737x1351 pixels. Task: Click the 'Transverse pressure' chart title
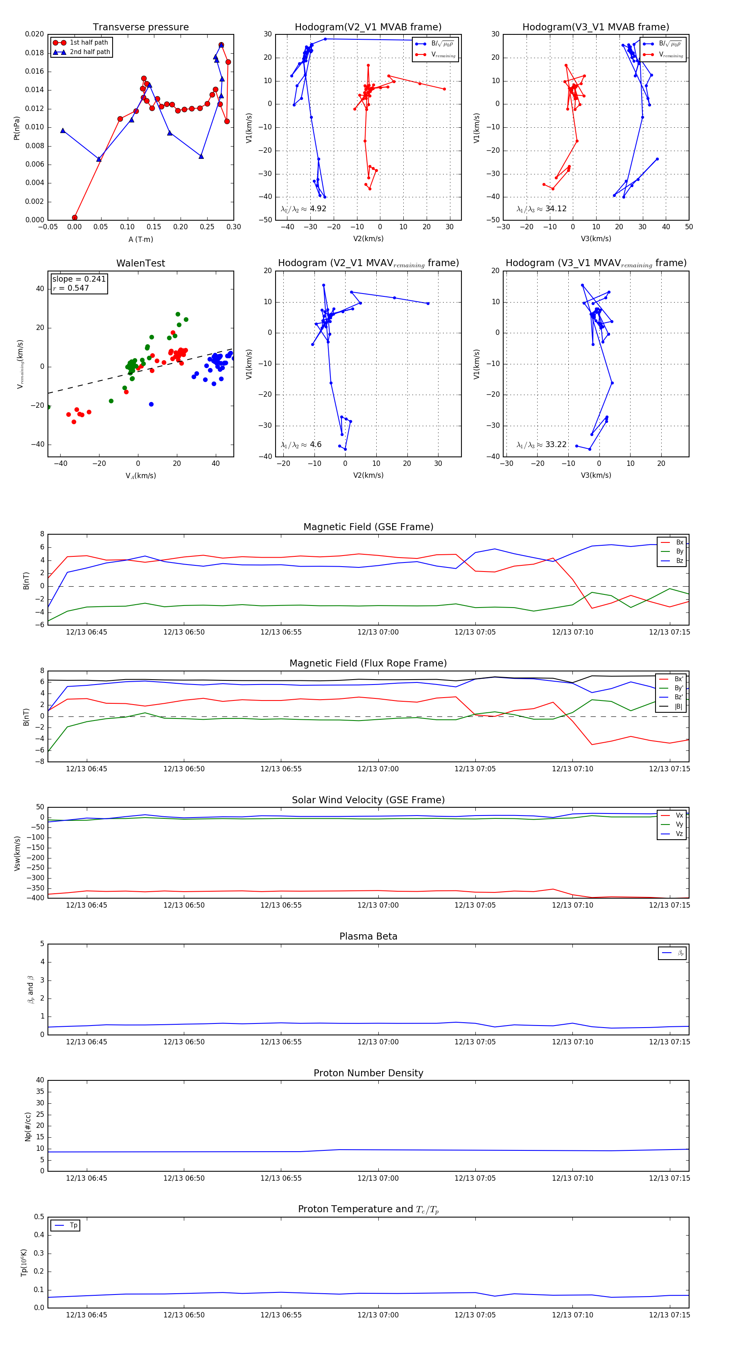coord(140,27)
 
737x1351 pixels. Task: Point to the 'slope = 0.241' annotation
coord(79,279)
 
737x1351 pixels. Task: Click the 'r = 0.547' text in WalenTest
coord(71,288)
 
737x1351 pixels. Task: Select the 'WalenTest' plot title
coord(140,263)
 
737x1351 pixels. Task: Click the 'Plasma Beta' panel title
coord(368,936)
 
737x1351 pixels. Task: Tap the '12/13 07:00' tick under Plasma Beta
coord(378,1041)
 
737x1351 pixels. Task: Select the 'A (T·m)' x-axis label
coord(140,239)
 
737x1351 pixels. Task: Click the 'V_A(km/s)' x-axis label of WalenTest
coord(140,476)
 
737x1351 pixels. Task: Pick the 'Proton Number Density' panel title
coord(368,1073)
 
